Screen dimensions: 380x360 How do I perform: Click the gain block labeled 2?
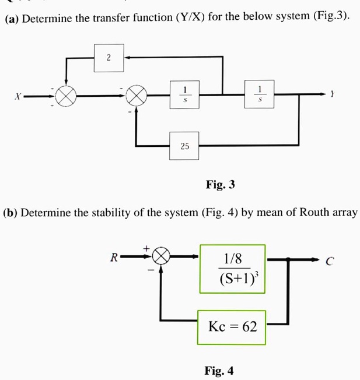coord(109,57)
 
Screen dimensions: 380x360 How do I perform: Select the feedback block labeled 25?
coord(184,146)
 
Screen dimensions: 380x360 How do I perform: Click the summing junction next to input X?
coord(67,96)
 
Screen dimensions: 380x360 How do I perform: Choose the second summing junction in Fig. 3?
coord(137,96)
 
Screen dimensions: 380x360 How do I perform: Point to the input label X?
coord(19,96)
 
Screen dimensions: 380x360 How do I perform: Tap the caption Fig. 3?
coord(220,185)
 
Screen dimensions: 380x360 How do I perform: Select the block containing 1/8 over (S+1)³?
coord(233,268)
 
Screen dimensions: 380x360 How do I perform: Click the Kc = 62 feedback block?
coord(232,326)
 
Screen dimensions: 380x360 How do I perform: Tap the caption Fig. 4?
coord(219,370)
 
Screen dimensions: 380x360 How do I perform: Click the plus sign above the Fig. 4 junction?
coord(148,248)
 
